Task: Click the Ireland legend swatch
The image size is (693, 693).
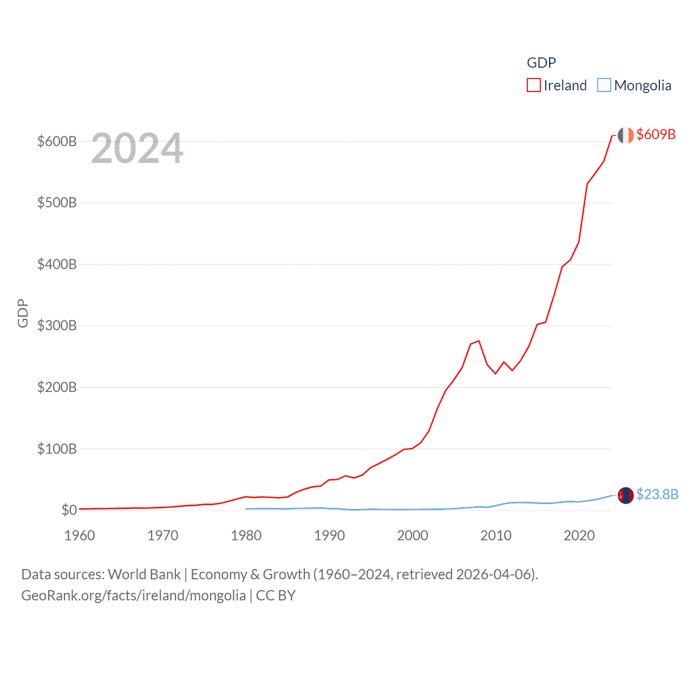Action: pyautogui.click(x=534, y=86)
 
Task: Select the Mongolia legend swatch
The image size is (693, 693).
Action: pyautogui.click(x=604, y=86)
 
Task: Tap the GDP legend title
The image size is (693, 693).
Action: pyautogui.click(x=541, y=63)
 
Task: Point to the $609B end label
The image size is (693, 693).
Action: pyautogui.click(x=656, y=134)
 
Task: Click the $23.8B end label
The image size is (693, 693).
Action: pyautogui.click(x=657, y=494)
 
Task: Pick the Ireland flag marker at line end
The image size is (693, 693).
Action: pyautogui.click(x=626, y=135)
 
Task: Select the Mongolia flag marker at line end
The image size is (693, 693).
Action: pyautogui.click(x=626, y=495)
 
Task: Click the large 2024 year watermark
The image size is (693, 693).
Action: pyautogui.click(x=137, y=148)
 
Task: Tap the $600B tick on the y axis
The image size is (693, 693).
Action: pyautogui.click(x=57, y=142)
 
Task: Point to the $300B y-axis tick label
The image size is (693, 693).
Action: pyautogui.click(x=57, y=326)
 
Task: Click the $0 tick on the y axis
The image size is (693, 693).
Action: pyautogui.click(x=69, y=510)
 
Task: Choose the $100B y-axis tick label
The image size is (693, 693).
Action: pyautogui.click(x=57, y=449)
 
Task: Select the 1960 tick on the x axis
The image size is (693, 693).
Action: pyautogui.click(x=80, y=535)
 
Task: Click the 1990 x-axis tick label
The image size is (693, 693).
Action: pyautogui.click(x=329, y=535)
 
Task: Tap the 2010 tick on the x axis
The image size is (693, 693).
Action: pyautogui.click(x=496, y=535)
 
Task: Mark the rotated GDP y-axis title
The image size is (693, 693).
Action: pyautogui.click(x=23, y=313)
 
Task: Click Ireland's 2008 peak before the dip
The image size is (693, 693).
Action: pyautogui.click(x=479, y=341)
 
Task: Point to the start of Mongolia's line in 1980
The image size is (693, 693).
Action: pyautogui.click(x=246, y=509)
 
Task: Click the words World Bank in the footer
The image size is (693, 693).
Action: pyautogui.click(x=145, y=574)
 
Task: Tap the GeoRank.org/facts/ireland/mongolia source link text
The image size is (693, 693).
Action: pyautogui.click(x=133, y=596)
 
